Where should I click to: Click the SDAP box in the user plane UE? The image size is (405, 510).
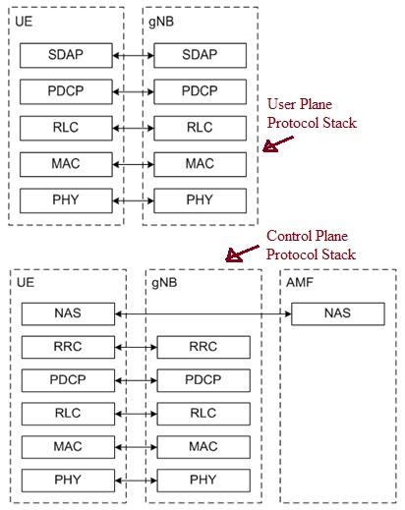click(66, 56)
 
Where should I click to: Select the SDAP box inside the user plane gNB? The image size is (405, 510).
click(200, 56)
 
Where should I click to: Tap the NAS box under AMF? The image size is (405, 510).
click(337, 314)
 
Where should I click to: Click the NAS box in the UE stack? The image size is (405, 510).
click(68, 314)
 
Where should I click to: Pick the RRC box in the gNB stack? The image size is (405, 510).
click(202, 347)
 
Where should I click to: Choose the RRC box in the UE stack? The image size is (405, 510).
click(68, 347)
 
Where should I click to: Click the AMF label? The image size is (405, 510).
click(299, 282)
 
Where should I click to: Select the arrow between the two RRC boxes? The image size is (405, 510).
click(136, 347)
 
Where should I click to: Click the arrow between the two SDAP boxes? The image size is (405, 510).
click(133, 56)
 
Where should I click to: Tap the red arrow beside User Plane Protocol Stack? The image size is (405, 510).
click(278, 145)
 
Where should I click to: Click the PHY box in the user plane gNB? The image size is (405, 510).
click(200, 200)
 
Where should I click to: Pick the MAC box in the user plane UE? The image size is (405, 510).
click(66, 164)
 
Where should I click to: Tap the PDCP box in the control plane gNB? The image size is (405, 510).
click(202, 380)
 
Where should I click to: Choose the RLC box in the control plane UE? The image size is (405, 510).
click(68, 414)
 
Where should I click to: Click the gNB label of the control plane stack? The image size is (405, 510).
click(164, 282)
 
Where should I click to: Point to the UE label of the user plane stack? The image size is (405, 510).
click(25, 21)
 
